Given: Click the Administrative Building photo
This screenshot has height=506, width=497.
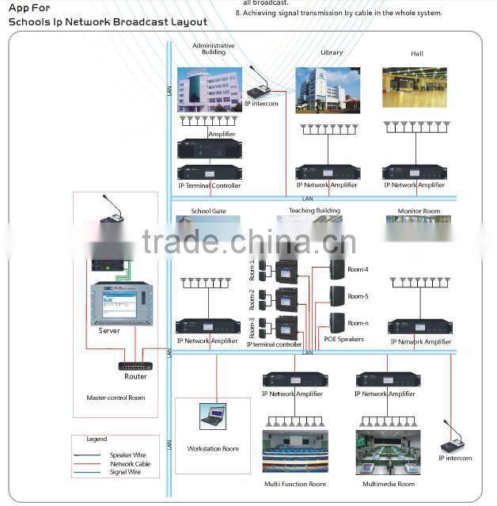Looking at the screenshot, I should coord(210,90).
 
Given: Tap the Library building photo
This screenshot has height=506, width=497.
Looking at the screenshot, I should coord(327,89).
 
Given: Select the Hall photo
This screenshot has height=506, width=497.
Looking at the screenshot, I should coord(414,87).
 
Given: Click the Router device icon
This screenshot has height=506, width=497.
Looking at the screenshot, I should coord(135,366).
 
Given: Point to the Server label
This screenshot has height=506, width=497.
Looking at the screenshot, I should coord(109,331).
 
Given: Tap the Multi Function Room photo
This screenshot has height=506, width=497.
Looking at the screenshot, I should coord(294,451).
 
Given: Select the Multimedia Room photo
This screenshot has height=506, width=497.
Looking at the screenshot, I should coord(388,451).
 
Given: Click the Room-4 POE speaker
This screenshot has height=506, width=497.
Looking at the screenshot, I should coord(338,268).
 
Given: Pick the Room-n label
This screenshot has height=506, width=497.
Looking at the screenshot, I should coord(358,323).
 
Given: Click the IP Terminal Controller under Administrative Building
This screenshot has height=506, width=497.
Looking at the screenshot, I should coord(209,172).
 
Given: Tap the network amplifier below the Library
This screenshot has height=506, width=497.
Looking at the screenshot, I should coord(327,172).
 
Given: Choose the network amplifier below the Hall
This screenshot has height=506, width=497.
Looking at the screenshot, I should coord(414,172).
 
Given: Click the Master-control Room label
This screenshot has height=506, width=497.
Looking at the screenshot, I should coord(116,398).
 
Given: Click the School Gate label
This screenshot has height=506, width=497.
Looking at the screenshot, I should coord(208,211).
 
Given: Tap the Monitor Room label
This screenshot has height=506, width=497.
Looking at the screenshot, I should coord(419,211).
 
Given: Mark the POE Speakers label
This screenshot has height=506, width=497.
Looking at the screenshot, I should coord(344,339).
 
